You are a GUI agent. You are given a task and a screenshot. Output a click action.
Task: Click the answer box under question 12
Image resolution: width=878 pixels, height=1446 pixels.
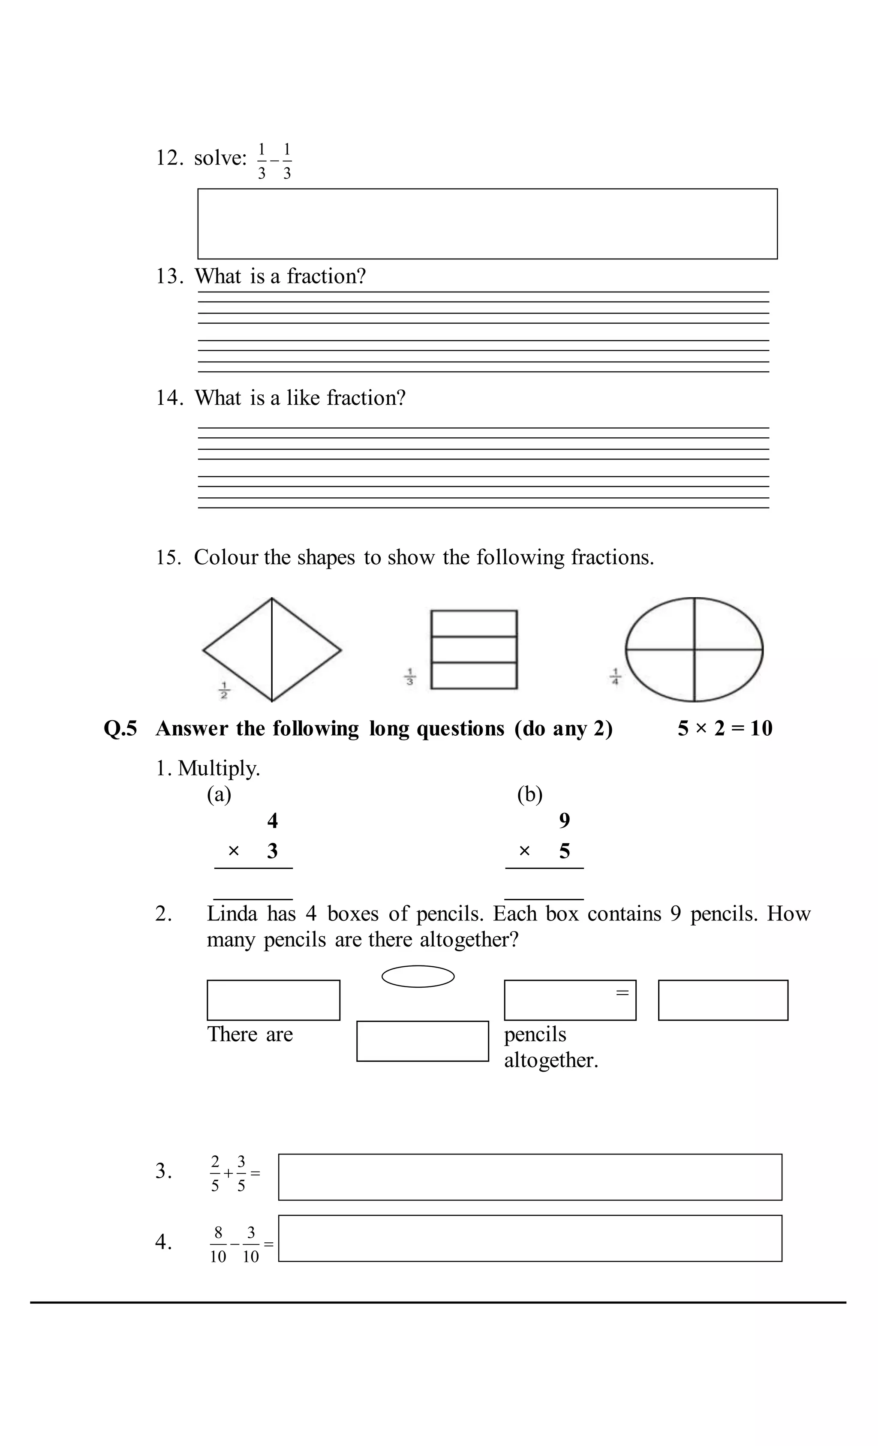(x=487, y=224)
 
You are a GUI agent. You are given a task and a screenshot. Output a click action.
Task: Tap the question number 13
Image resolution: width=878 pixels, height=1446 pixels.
(x=168, y=277)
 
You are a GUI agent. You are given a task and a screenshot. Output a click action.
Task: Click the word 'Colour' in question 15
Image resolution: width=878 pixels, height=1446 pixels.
(x=226, y=557)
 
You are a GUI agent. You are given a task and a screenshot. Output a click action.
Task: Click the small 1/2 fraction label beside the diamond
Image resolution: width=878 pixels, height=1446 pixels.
(x=224, y=690)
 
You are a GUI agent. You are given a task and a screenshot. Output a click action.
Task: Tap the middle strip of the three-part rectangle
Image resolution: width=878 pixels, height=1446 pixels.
(x=474, y=649)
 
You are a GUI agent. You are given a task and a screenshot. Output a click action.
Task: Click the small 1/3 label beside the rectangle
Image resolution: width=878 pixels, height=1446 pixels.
(x=410, y=676)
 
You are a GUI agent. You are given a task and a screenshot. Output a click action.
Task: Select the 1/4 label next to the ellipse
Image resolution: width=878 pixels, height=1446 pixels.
(x=615, y=676)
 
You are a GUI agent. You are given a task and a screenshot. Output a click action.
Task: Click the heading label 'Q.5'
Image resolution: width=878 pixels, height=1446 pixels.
(x=120, y=728)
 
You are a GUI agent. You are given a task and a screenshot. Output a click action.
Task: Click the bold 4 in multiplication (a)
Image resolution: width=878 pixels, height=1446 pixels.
(x=272, y=821)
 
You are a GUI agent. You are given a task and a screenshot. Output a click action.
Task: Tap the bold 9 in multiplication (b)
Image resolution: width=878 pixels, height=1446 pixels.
(x=564, y=821)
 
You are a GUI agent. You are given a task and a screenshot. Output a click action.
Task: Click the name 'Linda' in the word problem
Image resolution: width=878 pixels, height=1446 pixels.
(x=232, y=914)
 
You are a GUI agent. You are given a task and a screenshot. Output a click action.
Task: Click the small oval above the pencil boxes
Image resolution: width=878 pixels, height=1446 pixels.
(x=418, y=977)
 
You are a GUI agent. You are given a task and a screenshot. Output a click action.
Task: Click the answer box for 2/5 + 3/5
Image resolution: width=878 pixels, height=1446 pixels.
(x=529, y=1177)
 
